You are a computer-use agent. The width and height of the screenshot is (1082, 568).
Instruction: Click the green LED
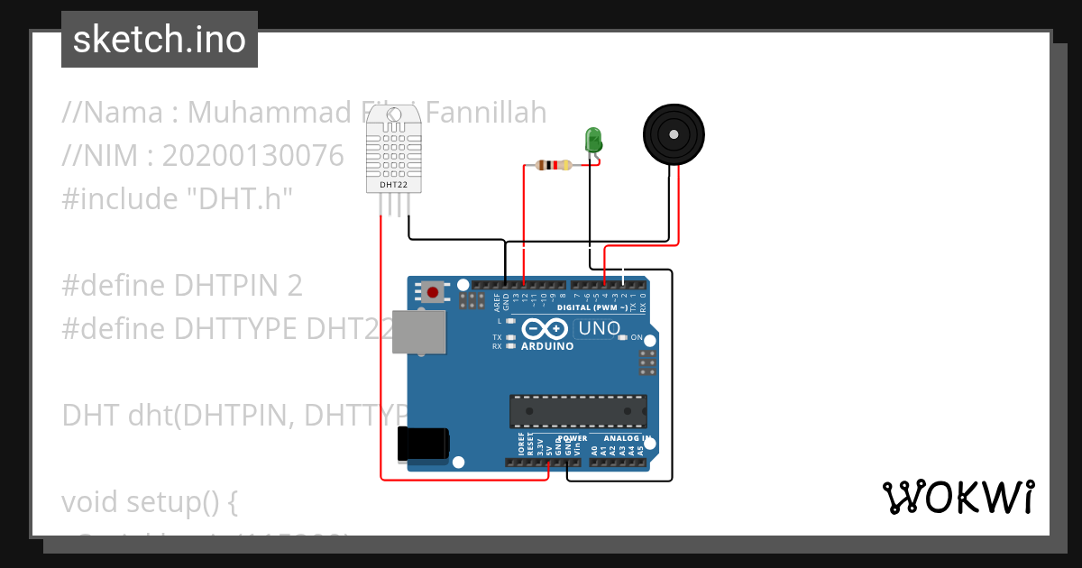pyautogui.click(x=593, y=140)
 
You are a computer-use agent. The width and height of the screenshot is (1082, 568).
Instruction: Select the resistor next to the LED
pyautogui.click(x=554, y=165)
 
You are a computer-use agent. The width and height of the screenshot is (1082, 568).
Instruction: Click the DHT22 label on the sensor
pyautogui.click(x=393, y=184)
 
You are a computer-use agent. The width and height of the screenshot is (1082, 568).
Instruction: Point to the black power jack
pyautogui.click(x=423, y=444)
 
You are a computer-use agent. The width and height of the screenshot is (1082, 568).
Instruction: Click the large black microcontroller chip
pyautogui.click(x=578, y=410)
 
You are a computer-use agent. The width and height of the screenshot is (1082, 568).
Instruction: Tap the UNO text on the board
pyautogui.click(x=599, y=328)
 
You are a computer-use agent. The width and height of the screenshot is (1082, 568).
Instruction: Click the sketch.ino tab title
pyautogui.click(x=160, y=40)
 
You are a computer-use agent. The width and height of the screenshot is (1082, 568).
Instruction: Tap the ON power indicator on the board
pyautogui.click(x=636, y=337)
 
